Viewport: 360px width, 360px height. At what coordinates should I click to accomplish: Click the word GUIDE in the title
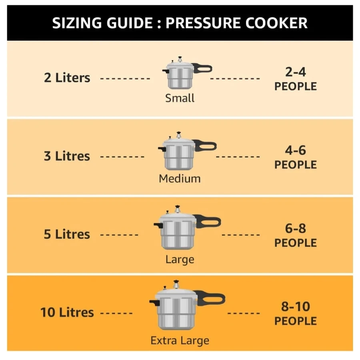(x=130, y=23)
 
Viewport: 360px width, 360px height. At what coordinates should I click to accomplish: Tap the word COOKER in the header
(x=276, y=23)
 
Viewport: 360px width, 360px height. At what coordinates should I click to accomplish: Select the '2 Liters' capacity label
(x=67, y=78)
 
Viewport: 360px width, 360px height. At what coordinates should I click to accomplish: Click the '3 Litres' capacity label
(x=67, y=156)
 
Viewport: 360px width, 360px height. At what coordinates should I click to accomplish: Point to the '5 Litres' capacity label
(x=67, y=234)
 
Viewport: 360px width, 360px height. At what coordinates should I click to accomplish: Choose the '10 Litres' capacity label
(x=67, y=312)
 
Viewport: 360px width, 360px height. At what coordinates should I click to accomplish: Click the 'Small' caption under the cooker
(x=180, y=98)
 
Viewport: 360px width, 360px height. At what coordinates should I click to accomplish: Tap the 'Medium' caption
(x=180, y=179)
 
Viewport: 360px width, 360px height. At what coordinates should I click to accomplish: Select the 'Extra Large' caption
(x=180, y=340)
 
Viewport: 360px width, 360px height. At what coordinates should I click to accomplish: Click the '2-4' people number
(x=296, y=72)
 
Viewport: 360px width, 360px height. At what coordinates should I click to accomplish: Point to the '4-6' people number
(x=296, y=150)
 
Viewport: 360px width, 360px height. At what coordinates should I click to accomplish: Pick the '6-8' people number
(x=296, y=228)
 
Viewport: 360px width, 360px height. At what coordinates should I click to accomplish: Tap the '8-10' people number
(x=296, y=306)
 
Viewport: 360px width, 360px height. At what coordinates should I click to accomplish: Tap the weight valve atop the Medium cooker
(x=179, y=135)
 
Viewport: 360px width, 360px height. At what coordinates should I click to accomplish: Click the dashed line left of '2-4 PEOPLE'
(x=235, y=78)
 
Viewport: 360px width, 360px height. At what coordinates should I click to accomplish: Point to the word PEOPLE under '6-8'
(x=296, y=243)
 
